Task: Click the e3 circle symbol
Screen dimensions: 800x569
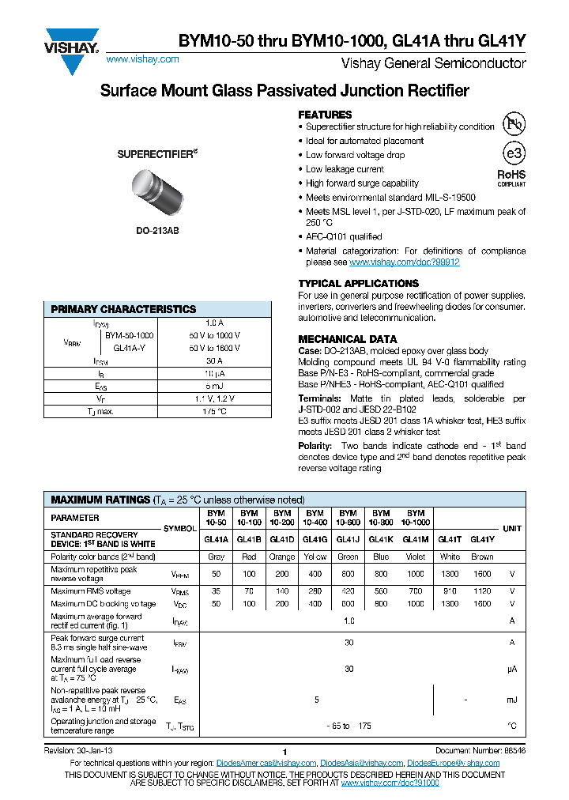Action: (513, 153)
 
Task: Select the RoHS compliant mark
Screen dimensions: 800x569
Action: (511, 177)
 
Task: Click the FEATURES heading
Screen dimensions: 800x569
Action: (325, 115)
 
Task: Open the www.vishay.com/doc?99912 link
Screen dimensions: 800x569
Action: (404, 262)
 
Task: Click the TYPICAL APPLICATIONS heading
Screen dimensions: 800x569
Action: (358, 283)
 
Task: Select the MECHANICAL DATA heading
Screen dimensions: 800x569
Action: (347, 339)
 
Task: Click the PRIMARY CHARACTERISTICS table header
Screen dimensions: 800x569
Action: (123, 309)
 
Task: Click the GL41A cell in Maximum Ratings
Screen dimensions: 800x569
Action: (216, 539)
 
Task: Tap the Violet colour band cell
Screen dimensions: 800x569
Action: (415, 557)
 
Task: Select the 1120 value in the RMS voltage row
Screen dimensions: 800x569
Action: (481, 591)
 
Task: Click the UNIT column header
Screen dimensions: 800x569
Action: (511, 528)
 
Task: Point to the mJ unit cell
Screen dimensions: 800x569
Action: (511, 700)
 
